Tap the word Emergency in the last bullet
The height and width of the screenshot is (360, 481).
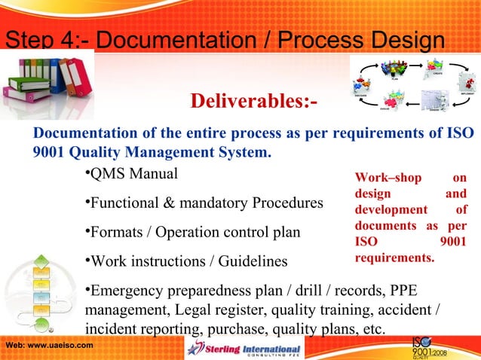pyautogui.click(x=127, y=291)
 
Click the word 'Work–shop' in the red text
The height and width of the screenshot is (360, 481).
pyautogui.click(x=383, y=178)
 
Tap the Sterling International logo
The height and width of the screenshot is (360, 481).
pyautogui.click(x=244, y=349)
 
